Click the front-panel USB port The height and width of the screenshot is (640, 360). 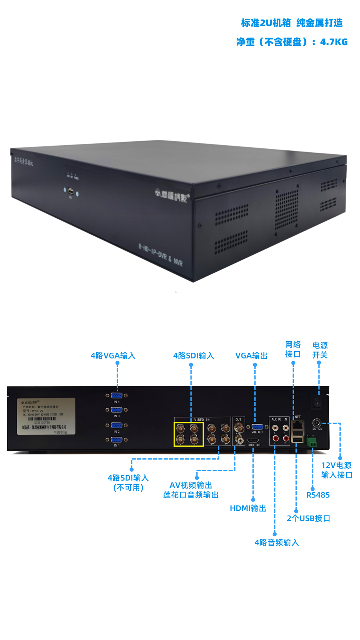[x=71, y=191]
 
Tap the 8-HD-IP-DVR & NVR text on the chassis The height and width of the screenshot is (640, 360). [x=160, y=255]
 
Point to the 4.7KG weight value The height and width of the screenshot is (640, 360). [x=334, y=42]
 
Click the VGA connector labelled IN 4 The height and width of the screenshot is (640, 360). [x=117, y=396]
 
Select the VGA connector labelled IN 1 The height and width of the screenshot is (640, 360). [x=117, y=440]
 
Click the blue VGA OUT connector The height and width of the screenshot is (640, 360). [x=257, y=427]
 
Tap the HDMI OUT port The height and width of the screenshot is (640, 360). [x=253, y=440]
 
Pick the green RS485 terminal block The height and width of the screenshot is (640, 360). [x=312, y=442]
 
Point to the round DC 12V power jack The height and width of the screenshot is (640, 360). [x=317, y=423]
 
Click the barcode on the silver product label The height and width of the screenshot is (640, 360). [x=42, y=419]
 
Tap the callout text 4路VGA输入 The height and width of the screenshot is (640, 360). [x=113, y=355]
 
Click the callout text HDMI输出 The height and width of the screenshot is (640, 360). [x=248, y=508]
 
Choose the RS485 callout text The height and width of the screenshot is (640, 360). [x=318, y=495]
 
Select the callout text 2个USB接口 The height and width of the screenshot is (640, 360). [x=308, y=518]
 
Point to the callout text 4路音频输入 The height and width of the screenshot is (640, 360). [x=277, y=542]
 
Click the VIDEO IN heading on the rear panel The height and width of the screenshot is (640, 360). [x=202, y=420]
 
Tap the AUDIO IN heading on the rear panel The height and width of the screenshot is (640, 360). [x=279, y=419]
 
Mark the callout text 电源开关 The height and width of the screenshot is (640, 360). [x=320, y=350]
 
